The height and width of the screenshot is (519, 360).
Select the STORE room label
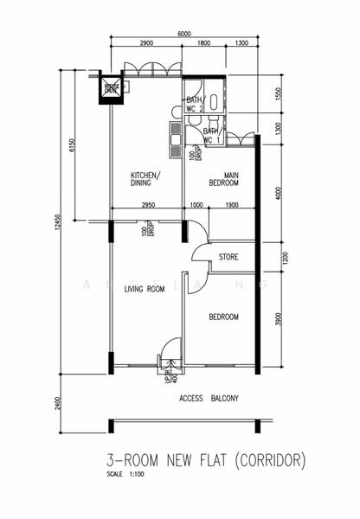point(228,257)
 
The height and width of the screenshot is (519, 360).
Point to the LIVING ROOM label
point(144,289)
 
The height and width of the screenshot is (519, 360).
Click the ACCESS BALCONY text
point(209,398)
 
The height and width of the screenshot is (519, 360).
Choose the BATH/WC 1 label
point(212,135)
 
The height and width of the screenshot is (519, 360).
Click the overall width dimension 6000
point(184,33)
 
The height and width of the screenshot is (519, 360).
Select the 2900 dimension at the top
point(145,42)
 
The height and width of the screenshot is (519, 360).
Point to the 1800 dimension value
point(202,42)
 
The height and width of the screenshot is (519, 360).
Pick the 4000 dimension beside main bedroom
point(277,192)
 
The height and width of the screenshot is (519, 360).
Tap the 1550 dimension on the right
point(277,94)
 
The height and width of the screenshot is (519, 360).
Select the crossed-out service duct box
point(112,86)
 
